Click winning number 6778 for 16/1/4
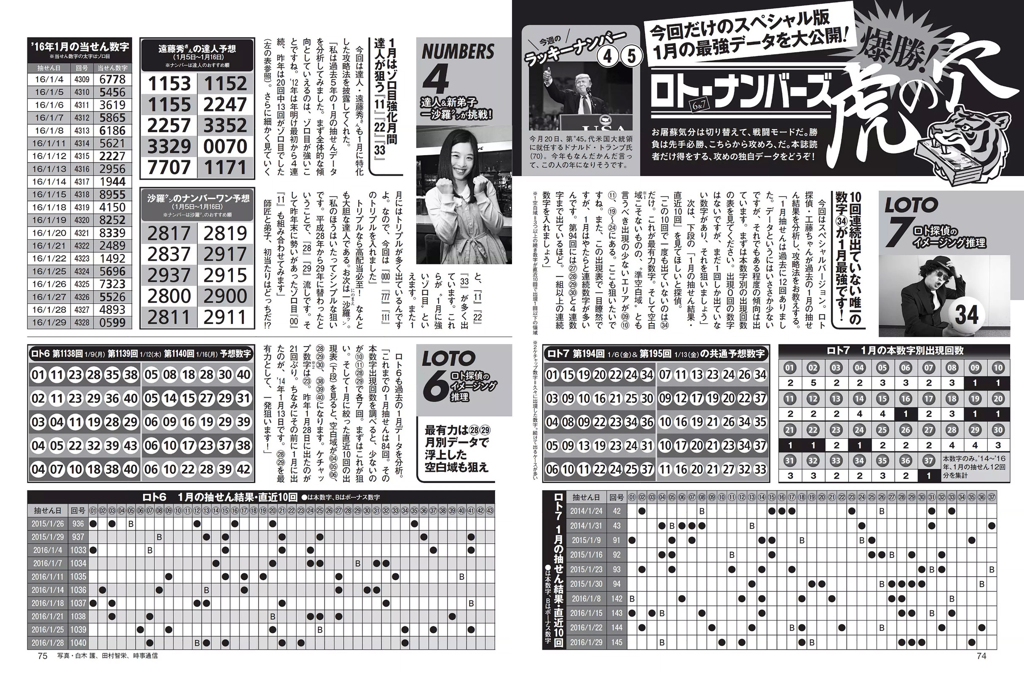pyautogui.click(x=112, y=80)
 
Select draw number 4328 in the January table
pyautogui.click(x=82, y=323)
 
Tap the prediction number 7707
pyautogui.click(x=169, y=167)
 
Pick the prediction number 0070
pyautogui.click(x=225, y=146)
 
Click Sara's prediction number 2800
pyautogui.click(x=169, y=296)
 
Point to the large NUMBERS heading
pyautogui.click(x=458, y=52)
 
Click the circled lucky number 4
pyautogui.click(x=608, y=56)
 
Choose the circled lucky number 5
pyautogui.click(x=631, y=56)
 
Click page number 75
pyautogui.click(x=42, y=656)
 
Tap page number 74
pyautogui.click(x=981, y=656)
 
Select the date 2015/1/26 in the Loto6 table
pyautogui.click(x=47, y=524)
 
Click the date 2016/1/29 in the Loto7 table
pyautogui.click(x=586, y=642)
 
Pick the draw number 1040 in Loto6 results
pyautogui.click(x=78, y=642)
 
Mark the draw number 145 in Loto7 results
pyautogui.click(x=617, y=642)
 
